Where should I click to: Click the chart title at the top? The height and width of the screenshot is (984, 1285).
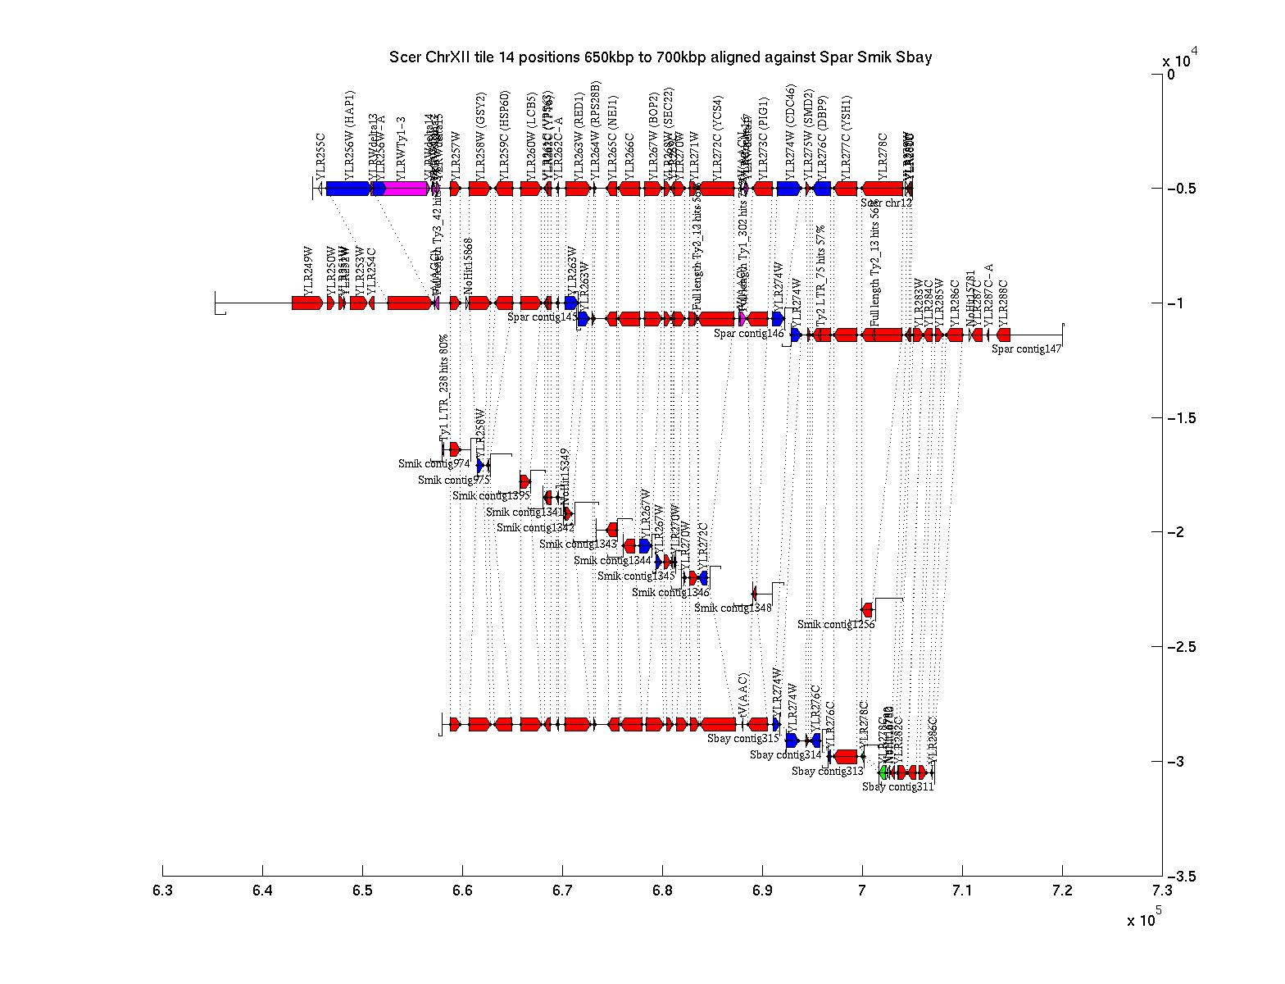[661, 57]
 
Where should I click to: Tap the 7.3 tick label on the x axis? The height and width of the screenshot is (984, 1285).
[1161, 891]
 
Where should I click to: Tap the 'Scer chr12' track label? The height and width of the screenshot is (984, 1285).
[886, 203]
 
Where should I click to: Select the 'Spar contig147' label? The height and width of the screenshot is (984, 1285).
[1026, 348]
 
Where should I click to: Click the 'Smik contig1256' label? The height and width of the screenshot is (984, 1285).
[836, 624]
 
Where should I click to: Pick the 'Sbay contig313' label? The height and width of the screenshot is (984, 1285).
[827, 771]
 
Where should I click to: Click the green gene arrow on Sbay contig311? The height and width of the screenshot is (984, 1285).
[883, 772]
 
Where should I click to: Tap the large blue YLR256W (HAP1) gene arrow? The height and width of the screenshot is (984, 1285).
[349, 189]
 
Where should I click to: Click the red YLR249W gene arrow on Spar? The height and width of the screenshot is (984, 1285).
[306, 303]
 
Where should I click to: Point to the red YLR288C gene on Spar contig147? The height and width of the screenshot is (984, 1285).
[1003, 335]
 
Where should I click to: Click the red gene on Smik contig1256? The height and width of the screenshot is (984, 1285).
[867, 609]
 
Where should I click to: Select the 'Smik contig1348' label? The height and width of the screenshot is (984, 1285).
[733, 608]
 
